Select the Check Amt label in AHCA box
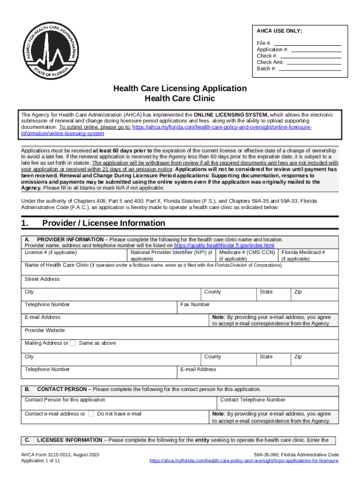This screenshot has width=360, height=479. [x=270, y=62]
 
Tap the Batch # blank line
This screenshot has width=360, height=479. [x=310, y=69]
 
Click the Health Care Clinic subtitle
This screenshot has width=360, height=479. [x=180, y=99]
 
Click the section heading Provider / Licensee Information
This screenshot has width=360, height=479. [x=103, y=224]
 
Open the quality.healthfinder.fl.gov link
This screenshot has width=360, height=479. [x=224, y=246]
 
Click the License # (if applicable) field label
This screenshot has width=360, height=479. [x=50, y=253]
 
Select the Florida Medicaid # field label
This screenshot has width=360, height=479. [x=303, y=253]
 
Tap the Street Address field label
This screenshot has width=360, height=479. [x=42, y=279]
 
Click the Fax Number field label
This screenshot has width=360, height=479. [x=195, y=305]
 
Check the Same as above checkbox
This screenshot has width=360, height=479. [x=73, y=343]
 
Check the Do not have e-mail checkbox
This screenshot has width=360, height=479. [x=91, y=414]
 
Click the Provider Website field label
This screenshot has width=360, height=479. [x=44, y=330]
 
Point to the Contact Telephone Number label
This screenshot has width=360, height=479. [x=252, y=400]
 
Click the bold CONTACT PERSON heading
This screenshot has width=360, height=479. [x=62, y=389]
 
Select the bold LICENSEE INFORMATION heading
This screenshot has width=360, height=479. [x=69, y=440]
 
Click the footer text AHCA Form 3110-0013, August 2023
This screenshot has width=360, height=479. [x=60, y=455]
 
